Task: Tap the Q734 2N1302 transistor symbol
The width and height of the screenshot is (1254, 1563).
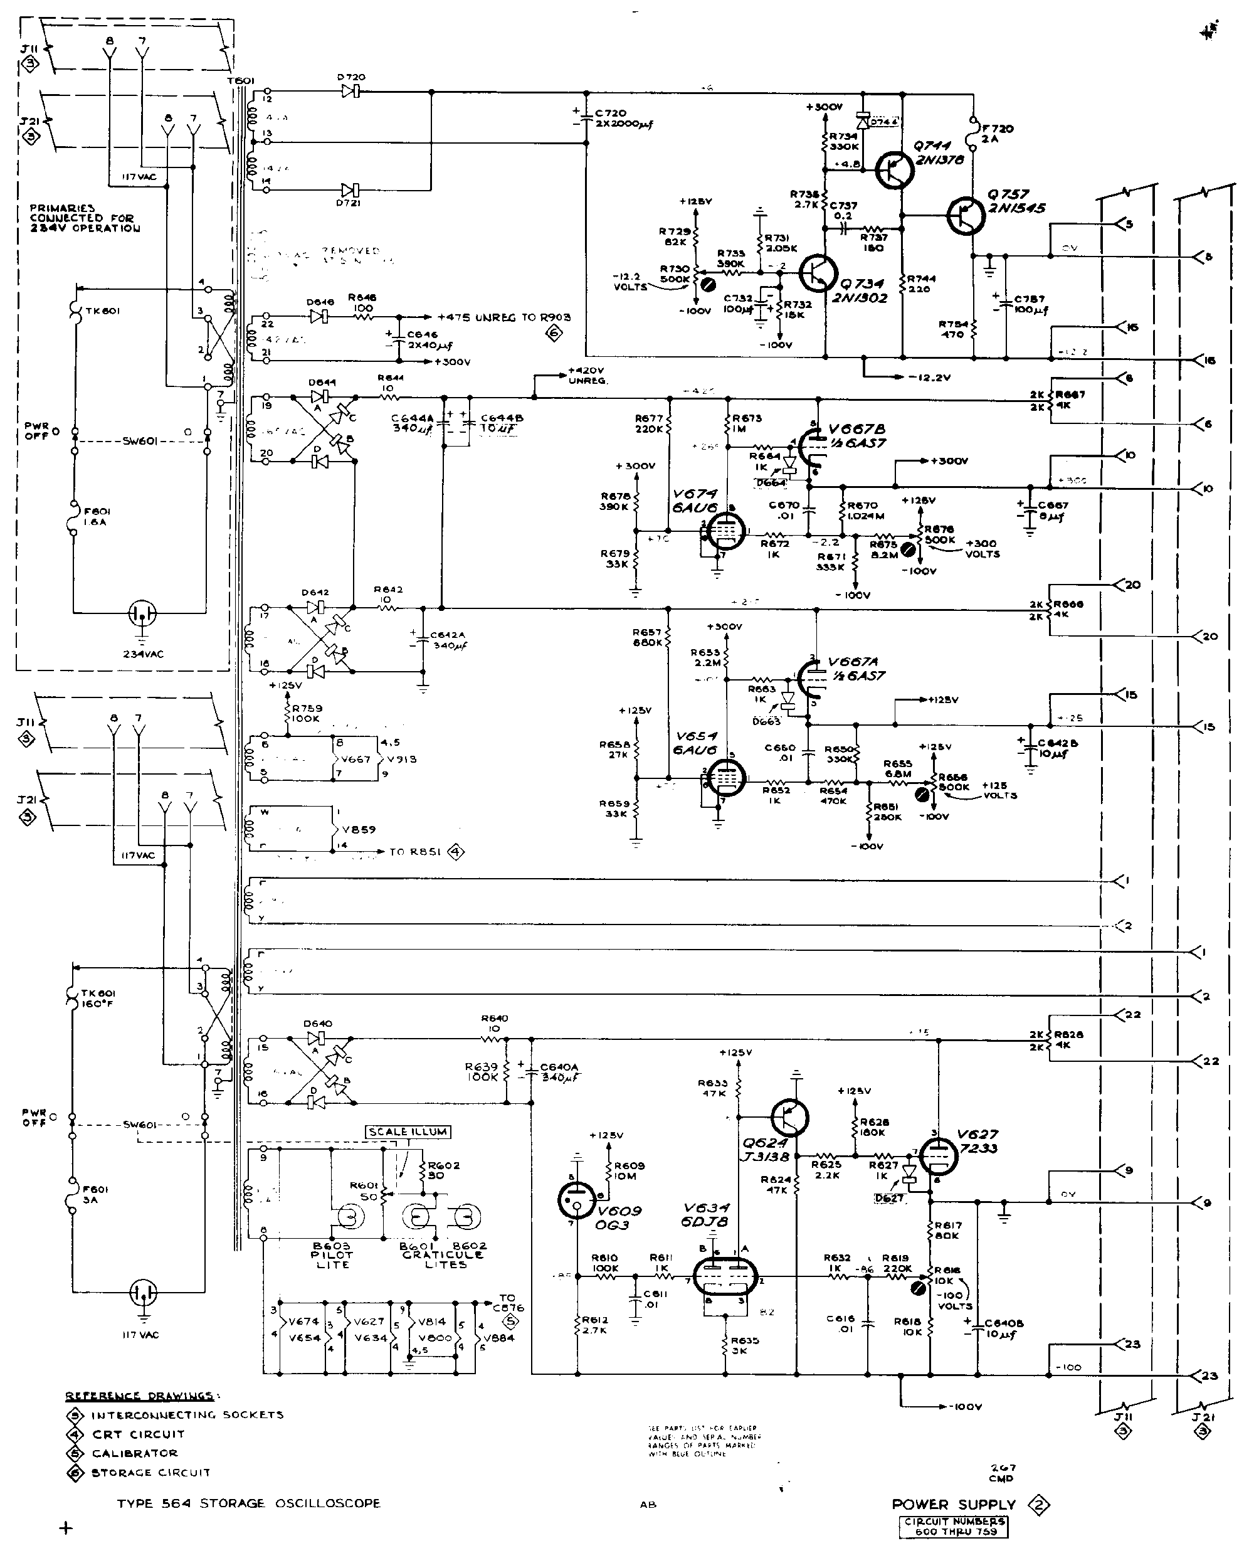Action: coord(818,273)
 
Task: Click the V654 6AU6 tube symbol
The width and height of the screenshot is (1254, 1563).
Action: coord(722,780)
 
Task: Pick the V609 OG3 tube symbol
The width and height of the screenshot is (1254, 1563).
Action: coord(577,1200)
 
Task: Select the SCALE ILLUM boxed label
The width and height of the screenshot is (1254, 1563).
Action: coord(408,1131)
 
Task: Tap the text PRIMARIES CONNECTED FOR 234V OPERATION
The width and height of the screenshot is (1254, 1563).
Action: coord(84,218)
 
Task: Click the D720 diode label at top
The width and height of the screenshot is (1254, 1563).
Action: coord(351,78)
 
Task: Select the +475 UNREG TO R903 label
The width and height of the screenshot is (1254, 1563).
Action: coord(503,317)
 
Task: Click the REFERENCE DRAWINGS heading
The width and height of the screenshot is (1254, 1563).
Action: coord(139,1396)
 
